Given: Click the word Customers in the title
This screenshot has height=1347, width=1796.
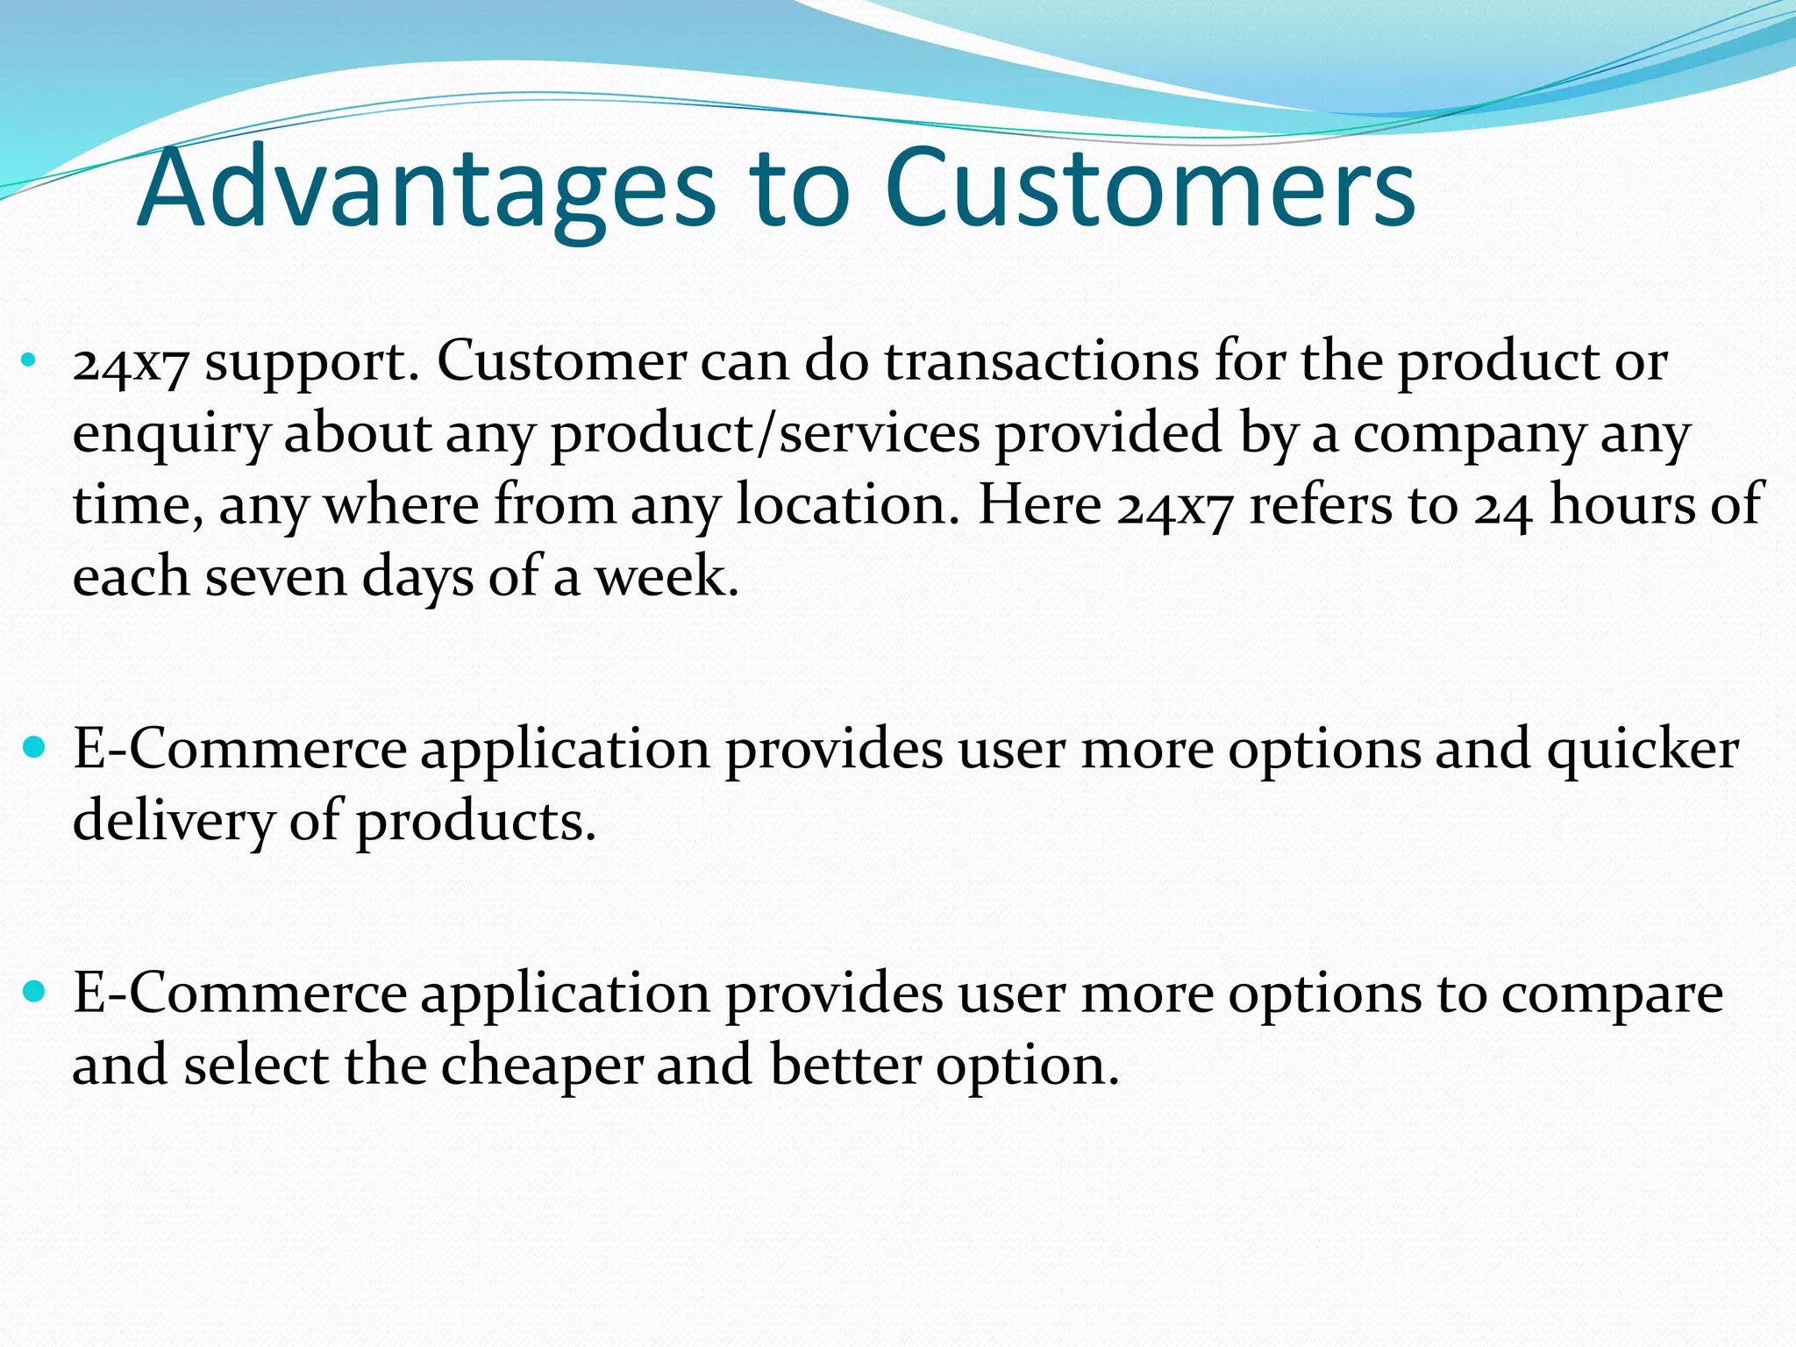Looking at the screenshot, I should [1150, 189].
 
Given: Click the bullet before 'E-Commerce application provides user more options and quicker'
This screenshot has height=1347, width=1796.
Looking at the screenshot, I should [34, 747].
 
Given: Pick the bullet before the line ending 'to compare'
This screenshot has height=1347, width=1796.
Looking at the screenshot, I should [34, 992].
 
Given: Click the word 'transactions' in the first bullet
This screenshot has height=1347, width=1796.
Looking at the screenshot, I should [1041, 361].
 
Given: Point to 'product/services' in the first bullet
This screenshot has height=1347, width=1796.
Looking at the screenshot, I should [765, 433].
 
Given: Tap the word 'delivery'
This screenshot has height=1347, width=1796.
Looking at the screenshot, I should [173, 822].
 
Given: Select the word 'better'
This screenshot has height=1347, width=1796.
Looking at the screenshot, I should [845, 1065].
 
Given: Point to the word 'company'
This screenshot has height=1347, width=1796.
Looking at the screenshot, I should [1469, 435].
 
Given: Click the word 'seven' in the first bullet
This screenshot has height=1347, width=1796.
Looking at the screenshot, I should [276, 579].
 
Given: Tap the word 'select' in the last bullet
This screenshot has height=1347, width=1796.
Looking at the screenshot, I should [256, 1065].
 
